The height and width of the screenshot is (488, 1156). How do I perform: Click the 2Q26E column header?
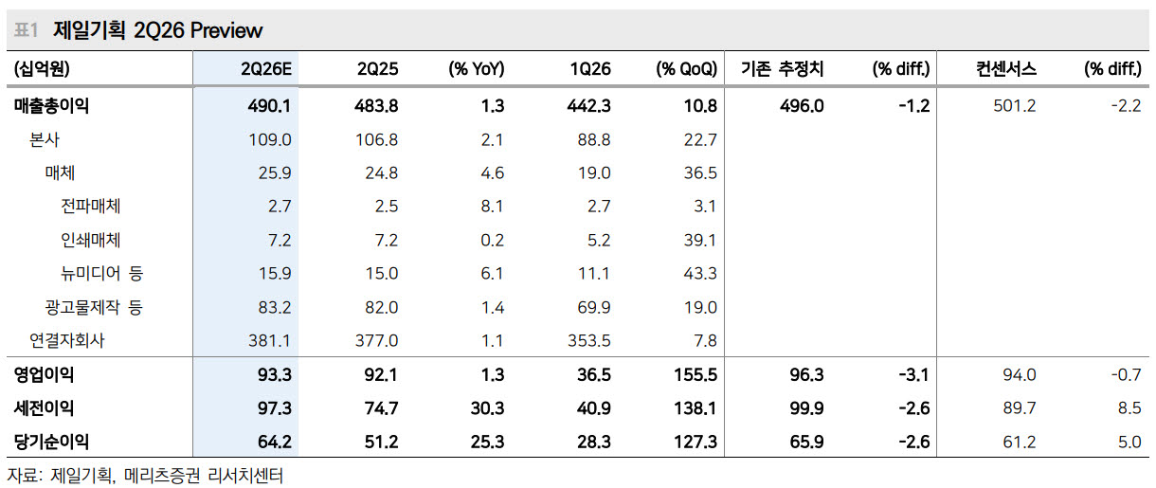(x=265, y=69)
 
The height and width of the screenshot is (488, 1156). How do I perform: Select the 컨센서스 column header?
(x=1006, y=68)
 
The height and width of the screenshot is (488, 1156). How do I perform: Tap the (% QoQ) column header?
(x=686, y=69)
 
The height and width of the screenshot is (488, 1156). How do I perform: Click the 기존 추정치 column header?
(x=783, y=68)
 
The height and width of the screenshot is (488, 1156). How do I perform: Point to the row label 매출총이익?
(x=51, y=106)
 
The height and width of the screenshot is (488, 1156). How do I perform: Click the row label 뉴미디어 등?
(x=101, y=274)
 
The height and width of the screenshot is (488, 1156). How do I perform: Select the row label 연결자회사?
(x=67, y=340)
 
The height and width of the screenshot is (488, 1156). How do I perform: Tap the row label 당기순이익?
(x=51, y=443)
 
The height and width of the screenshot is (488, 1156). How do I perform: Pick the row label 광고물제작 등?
(x=94, y=307)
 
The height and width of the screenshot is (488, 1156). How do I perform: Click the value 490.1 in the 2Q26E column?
(x=269, y=106)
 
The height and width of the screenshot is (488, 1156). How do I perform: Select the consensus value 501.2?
(x=1015, y=106)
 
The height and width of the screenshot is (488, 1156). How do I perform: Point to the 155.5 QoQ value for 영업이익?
(x=695, y=375)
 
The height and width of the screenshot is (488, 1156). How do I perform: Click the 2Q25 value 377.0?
(x=376, y=341)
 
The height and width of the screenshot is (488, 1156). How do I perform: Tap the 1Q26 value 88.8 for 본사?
(x=594, y=140)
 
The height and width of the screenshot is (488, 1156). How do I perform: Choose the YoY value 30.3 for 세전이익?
(x=487, y=408)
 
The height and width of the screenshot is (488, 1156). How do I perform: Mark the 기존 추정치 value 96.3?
(x=806, y=375)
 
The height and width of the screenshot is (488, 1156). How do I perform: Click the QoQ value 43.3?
(x=700, y=274)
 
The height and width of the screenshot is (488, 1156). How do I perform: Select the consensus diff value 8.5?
(x=1129, y=408)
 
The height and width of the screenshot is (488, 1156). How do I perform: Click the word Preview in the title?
(x=226, y=31)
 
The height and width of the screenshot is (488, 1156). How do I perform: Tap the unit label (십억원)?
(x=42, y=69)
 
